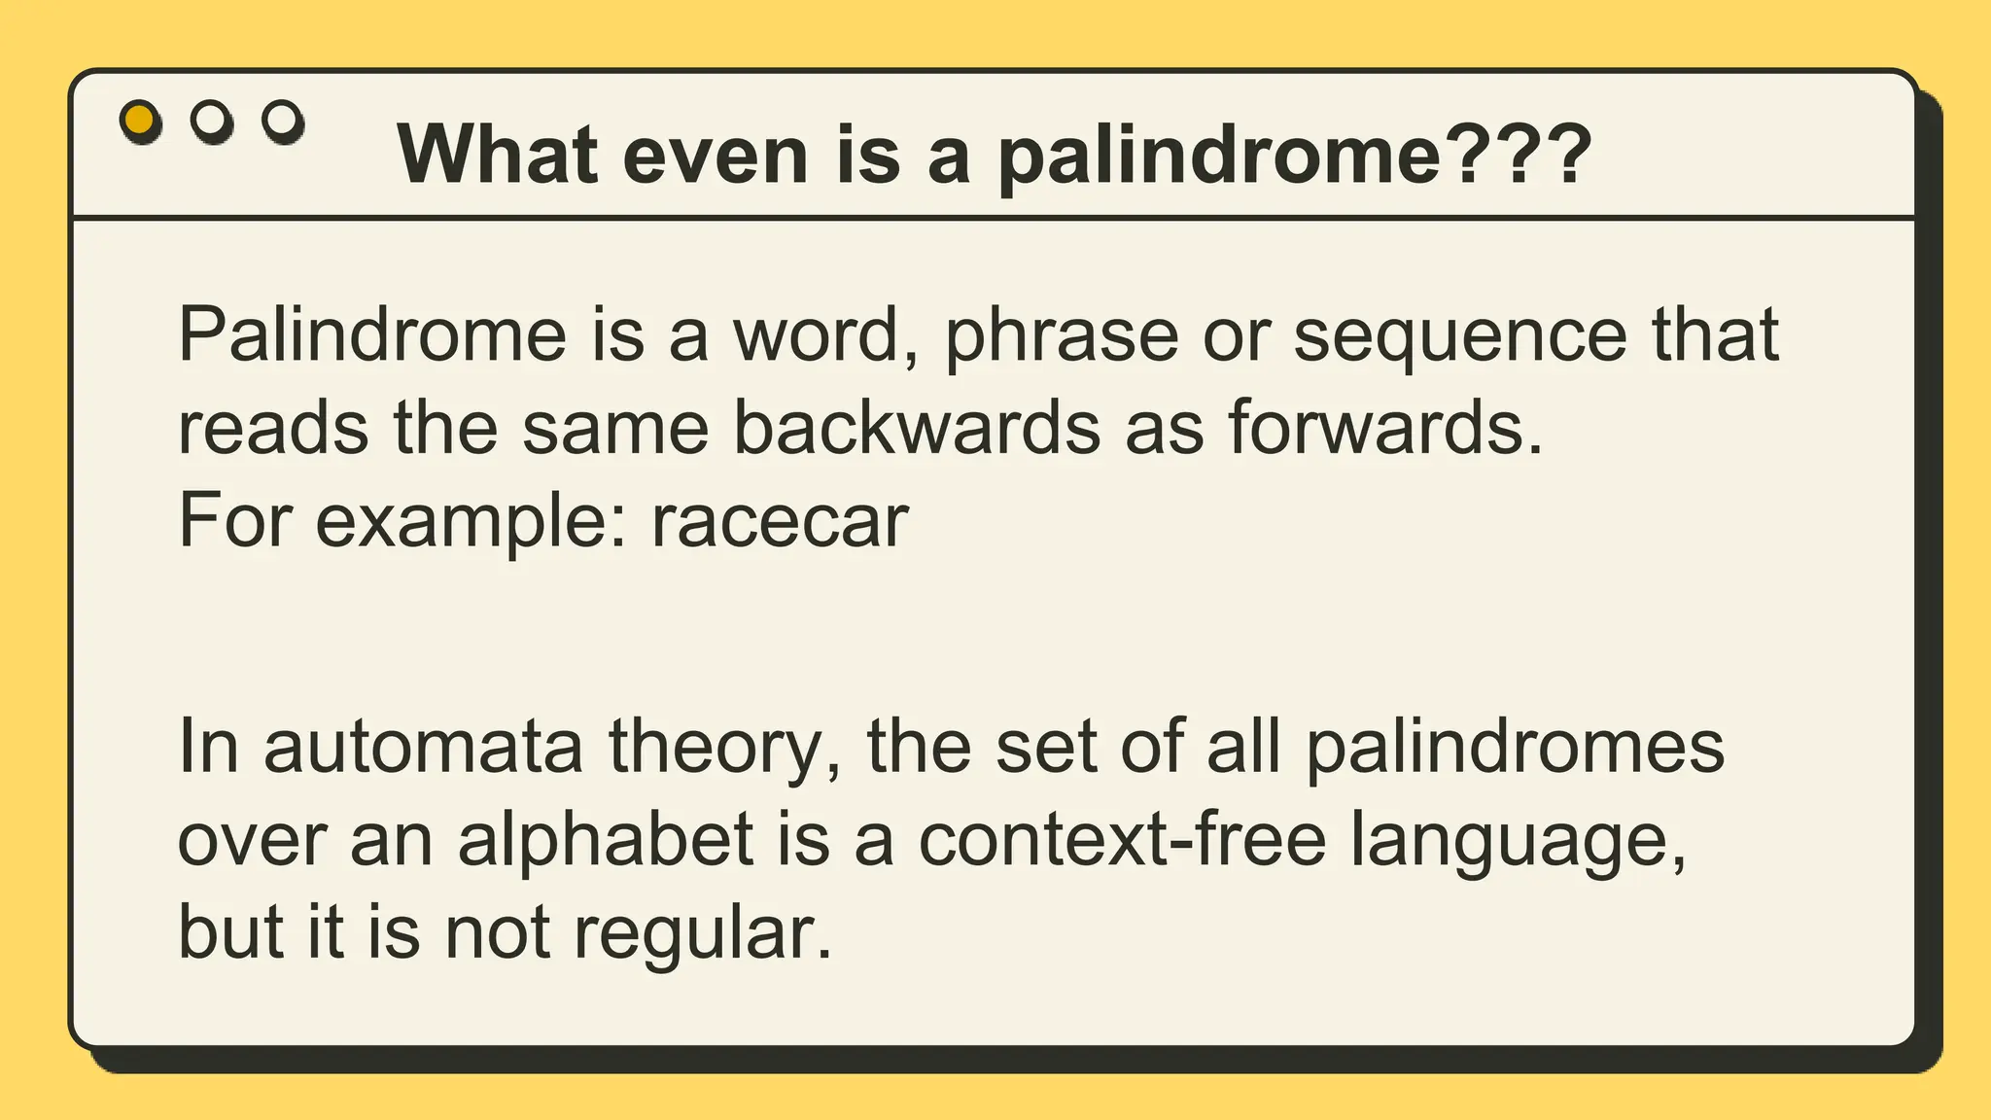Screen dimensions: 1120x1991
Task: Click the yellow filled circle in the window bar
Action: pos(140,121)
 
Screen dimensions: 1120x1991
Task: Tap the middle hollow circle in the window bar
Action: pos(212,121)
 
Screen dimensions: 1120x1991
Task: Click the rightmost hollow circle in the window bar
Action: pos(283,121)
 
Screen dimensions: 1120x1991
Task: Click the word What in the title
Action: pos(497,154)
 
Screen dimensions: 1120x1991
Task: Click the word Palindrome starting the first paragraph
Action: pos(371,334)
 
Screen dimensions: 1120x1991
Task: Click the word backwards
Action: pos(916,428)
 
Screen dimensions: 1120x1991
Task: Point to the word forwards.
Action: pos(1384,428)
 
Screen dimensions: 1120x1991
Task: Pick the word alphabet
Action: pos(606,839)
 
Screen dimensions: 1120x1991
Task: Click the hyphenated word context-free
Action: pos(1122,839)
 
